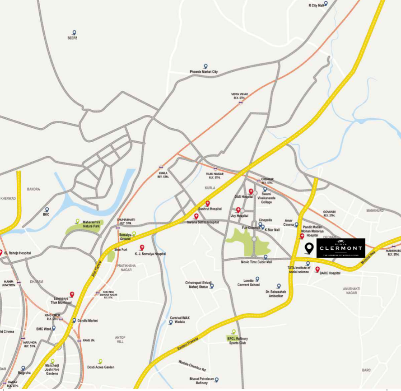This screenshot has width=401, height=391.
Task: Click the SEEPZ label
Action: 73,38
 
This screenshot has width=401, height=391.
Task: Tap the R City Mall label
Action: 316,5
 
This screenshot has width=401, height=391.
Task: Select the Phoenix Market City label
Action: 204,72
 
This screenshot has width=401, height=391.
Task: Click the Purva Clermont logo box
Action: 340,248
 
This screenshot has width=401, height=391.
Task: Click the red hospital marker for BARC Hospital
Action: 317,270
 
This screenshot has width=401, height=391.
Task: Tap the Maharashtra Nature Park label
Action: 95,224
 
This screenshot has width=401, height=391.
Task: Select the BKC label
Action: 46,214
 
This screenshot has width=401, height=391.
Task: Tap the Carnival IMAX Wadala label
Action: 180,320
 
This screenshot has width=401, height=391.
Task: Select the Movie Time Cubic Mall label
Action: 256,262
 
